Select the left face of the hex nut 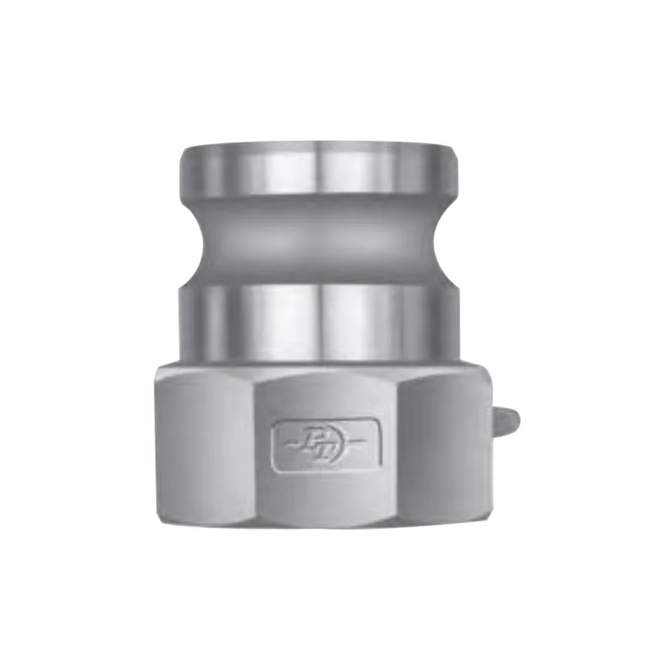coord(208,446)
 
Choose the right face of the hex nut coord(443,446)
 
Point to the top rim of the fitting coord(319,143)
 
